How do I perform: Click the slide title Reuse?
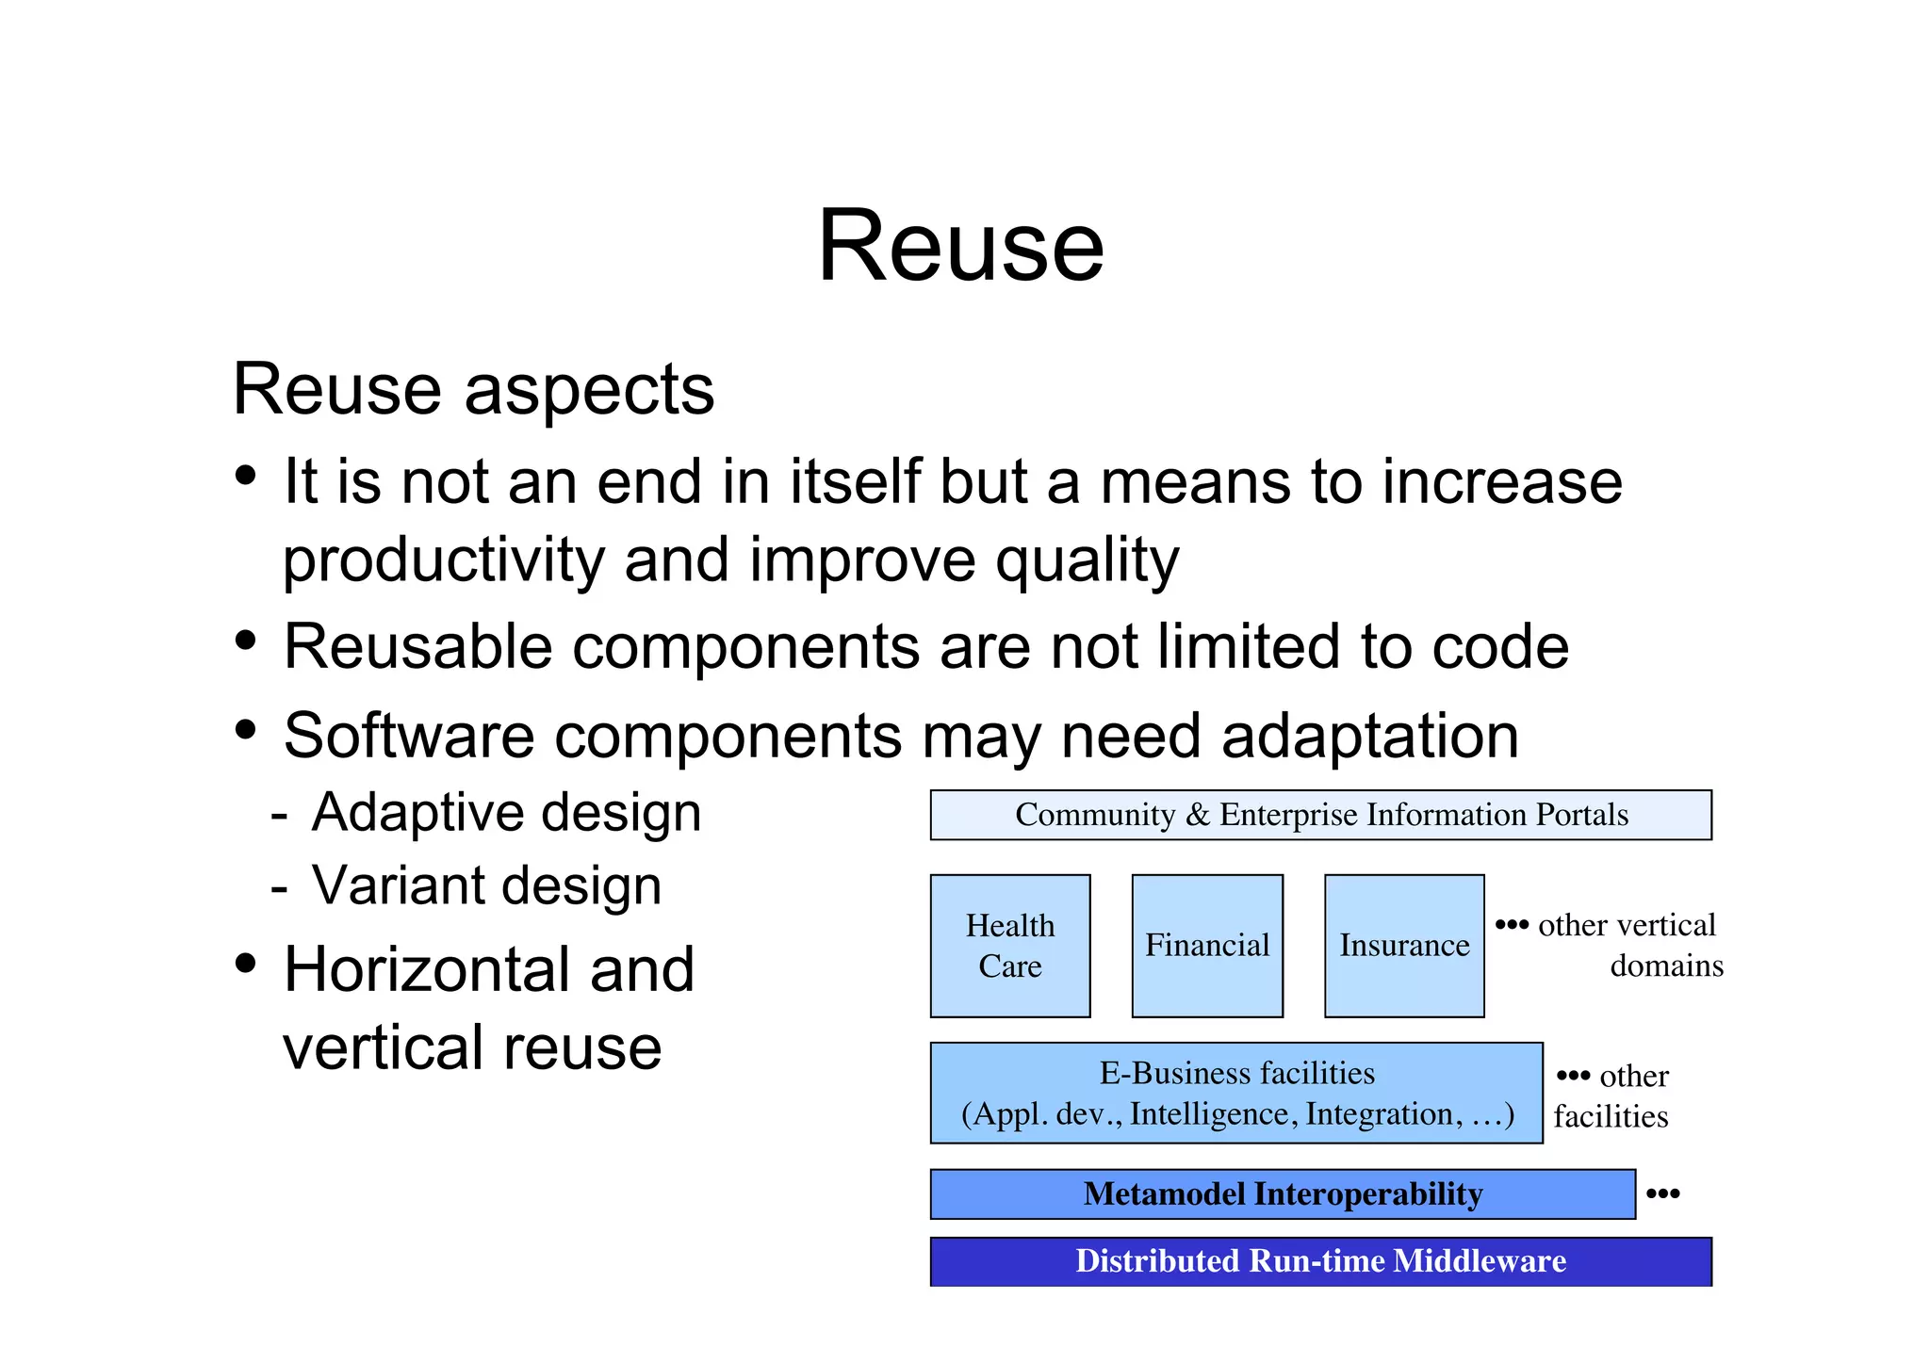click(x=960, y=247)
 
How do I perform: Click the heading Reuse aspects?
click(x=473, y=389)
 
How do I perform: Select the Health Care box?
click(x=1009, y=946)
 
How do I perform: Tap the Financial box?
click(x=1206, y=946)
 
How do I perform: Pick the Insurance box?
click(x=1403, y=946)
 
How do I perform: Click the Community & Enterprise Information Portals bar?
click(x=1320, y=815)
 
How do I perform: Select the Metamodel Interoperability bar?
click(x=1282, y=1194)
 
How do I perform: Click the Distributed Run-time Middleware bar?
click(x=1320, y=1261)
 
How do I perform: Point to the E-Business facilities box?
click(x=1235, y=1093)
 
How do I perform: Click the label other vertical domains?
click(x=1627, y=945)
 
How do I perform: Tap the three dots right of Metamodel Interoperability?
click(x=1662, y=1194)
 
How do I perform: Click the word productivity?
click(x=444, y=560)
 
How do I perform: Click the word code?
click(x=1500, y=647)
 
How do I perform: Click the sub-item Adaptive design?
click(x=506, y=813)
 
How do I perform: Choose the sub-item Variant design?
click(x=486, y=886)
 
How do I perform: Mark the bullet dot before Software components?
click(x=246, y=730)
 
